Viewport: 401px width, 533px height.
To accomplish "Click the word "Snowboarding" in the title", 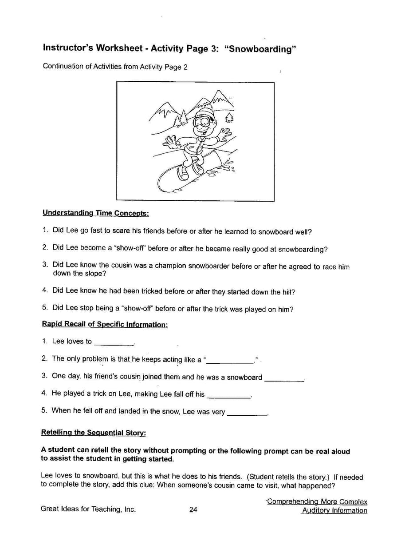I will point(260,49).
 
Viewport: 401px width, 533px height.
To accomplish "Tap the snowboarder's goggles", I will point(203,121).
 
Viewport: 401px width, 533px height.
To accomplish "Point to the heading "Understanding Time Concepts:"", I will point(95,213).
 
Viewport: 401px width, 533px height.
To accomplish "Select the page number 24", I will point(193,510).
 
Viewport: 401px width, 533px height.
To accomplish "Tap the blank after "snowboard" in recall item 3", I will point(284,378).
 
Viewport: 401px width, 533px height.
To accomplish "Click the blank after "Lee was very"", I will point(247,413).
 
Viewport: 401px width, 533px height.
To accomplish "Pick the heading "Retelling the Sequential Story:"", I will point(94,432).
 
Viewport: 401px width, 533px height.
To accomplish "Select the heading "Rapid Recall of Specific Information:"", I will point(105,324).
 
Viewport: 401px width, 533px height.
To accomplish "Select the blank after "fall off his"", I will point(228,395).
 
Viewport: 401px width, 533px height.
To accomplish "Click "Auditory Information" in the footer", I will point(334,511).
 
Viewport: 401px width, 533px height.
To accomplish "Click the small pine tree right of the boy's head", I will point(229,117).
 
